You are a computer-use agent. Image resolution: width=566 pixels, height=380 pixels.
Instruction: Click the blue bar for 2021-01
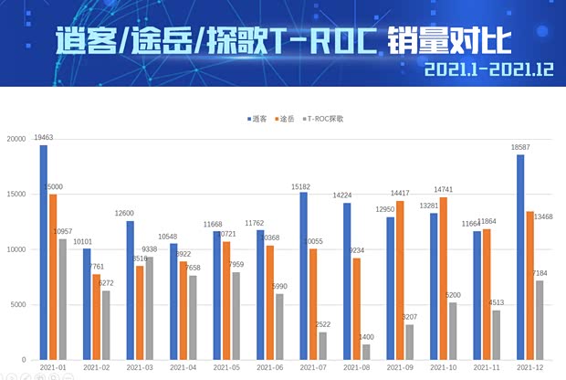point(43,252)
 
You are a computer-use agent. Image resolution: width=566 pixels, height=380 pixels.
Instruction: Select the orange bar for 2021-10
point(444,279)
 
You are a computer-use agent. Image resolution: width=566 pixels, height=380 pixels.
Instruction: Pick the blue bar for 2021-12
point(520,257)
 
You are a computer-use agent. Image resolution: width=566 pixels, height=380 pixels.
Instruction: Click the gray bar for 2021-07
point(323,345)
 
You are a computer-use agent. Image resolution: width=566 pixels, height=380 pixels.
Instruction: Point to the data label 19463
point(44,137)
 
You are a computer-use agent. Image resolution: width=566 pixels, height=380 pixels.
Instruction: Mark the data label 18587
point(520,147)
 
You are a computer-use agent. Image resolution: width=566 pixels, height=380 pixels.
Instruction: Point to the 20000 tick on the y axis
point(15,139)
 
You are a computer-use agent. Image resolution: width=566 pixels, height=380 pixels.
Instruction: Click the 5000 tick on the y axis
point(17,304)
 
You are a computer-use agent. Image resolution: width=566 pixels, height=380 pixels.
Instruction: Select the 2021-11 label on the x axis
point(486,366)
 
